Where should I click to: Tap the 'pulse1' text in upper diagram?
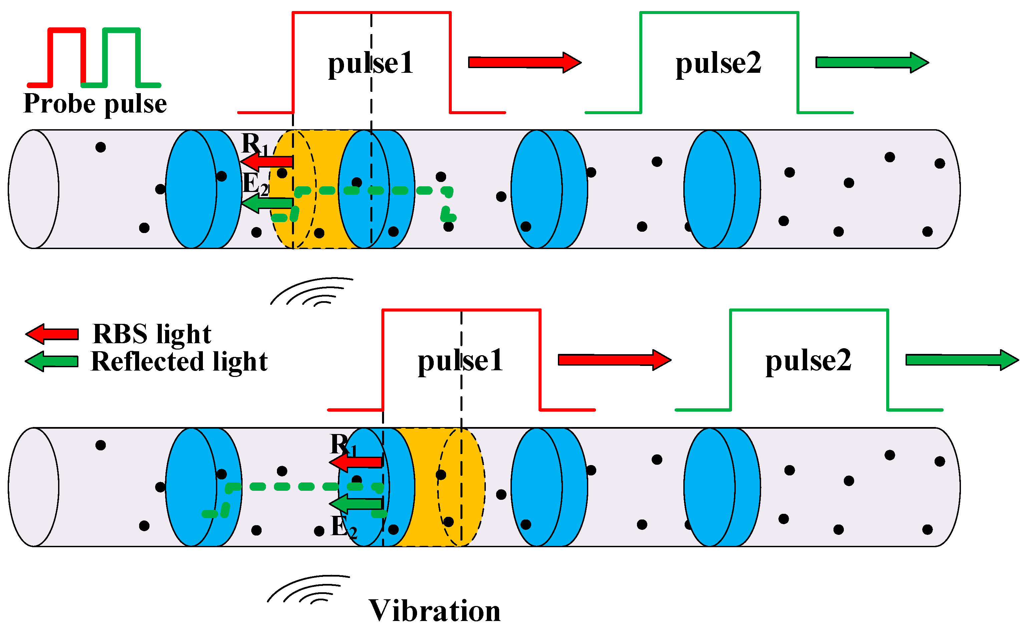click(370, 63)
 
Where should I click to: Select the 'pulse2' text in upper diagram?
click(718, 63)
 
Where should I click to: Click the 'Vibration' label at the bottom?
click(434, 611)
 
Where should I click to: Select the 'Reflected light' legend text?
click(179, 361)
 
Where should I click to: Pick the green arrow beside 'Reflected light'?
click(52, 361)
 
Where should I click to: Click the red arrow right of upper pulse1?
click(524, 63)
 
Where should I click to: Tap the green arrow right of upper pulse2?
click(872, 63)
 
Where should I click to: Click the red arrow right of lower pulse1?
click(614, 360)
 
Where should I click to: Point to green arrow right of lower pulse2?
click(962, 360)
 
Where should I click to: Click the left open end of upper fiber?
click(34, 189)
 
